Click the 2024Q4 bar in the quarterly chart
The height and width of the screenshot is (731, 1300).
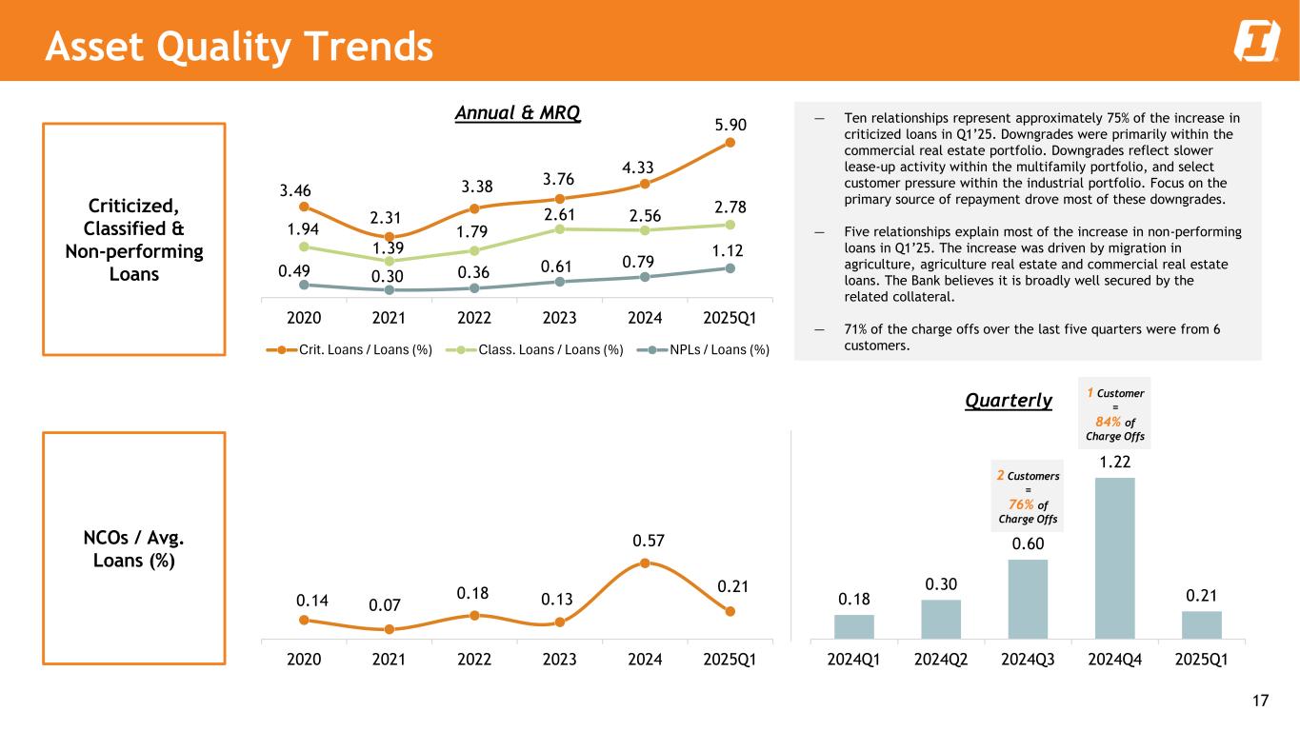click(x=1114, y=558)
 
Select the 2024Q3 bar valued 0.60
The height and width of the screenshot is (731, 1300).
click(x=1028, y=599)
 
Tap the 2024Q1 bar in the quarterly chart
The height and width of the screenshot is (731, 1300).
click(x=853, y=626)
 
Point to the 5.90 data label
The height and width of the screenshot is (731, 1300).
click(x=731, y=125)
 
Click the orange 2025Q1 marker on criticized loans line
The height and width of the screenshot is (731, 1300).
click(x=730, y=143)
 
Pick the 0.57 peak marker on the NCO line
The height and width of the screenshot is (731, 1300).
click(x=645, y=563)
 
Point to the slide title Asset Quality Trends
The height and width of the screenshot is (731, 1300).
click(x=239, y=45)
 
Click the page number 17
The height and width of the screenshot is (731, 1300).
click(x=1260, y=702)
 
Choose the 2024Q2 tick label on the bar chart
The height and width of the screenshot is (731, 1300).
click(x=940, y=659)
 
